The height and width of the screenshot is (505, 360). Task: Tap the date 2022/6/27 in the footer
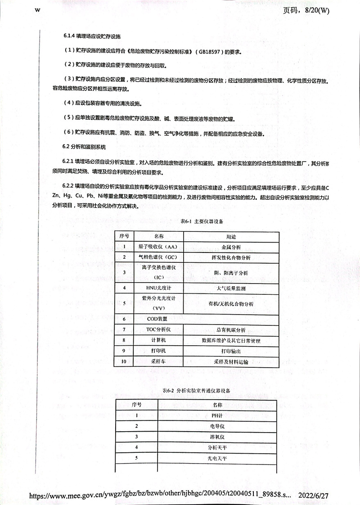point(314,495)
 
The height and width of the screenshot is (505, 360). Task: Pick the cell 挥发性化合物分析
point(231,258)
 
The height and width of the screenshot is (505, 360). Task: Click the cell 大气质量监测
point(231,288)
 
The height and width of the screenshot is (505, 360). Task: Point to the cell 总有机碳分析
point(231,329)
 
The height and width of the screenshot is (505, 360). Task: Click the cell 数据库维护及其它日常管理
point(231,340)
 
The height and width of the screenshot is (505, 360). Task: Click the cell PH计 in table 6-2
point(217,415)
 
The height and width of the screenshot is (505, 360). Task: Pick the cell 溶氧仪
point(217,437)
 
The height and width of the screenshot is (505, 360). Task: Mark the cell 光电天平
point(217,458)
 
